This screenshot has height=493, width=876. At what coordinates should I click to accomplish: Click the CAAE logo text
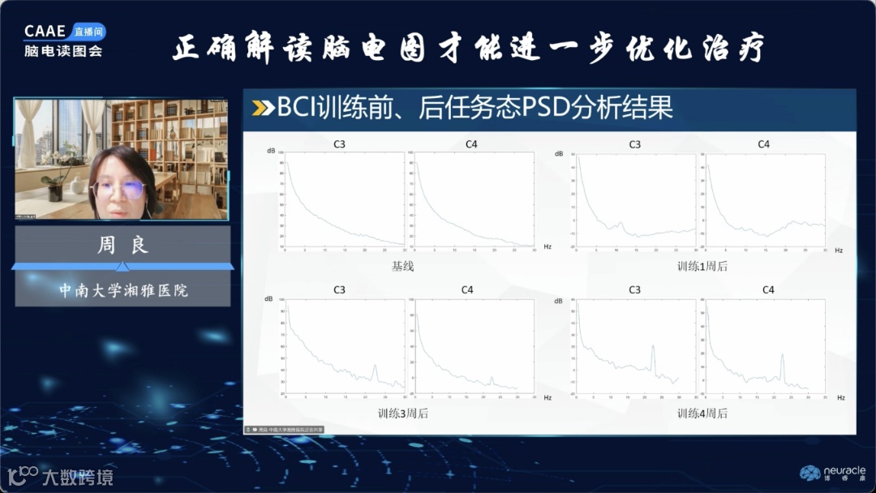click(x=45, y=32)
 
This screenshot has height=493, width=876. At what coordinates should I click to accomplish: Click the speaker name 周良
click(x=123, y=246)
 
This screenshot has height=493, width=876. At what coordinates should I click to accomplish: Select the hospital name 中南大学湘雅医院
click(x=123, y=289)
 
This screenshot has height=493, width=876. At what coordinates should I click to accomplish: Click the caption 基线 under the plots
click(x=402, y=266)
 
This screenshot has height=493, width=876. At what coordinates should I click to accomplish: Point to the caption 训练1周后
click(x=702, y=266)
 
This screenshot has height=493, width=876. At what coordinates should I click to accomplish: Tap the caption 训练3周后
click(x=402, y=413)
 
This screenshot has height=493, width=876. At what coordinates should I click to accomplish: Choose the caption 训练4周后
click(x=702, y=413)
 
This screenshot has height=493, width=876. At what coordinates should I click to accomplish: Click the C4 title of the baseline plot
click(x=471, y=144)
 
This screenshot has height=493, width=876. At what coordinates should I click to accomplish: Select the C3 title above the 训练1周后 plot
click(x=634, y=144)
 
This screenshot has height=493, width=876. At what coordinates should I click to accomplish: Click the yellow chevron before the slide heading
click(x=264, y=108)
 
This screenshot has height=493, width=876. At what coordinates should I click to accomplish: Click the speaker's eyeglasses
click(x=118, y=190)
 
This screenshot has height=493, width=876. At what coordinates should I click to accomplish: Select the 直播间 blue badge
click(x=88, y=32)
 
